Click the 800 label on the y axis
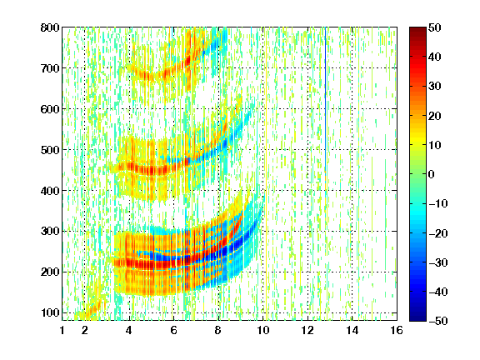tap(50, 27)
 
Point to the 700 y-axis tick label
tap(50, 68)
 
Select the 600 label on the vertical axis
tap(50, 109)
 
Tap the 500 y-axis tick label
tap(50, 150)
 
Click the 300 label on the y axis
tap(50, 232)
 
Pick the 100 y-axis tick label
tap(50, 312)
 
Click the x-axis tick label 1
tap(62, 330)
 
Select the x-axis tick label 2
tap(85, 330)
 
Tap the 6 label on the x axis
tap(173, 330)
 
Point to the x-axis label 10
tap(263, 330)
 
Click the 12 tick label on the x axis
tap(307, 330)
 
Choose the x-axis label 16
tap(397, 330)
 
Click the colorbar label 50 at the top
tap(435, 27)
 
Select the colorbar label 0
tap(432, 174)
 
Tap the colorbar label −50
tap(438, 321)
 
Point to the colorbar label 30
tap(435, 87)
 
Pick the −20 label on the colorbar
tap(438, 233)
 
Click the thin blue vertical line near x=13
tap(325, 122)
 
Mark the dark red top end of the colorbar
tap(417, 30)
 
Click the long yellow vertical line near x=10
tap(266, 173)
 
